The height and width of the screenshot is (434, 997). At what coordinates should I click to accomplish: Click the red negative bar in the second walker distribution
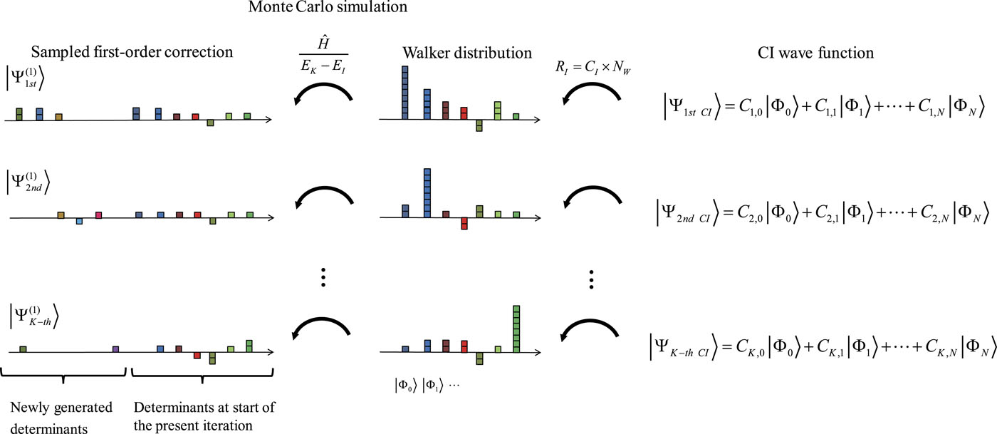click(x=464, y=223)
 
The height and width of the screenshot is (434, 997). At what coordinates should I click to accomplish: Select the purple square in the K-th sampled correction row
click(x=115, y=349)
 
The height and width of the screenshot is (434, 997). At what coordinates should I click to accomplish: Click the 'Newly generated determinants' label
click(x=61, y=415)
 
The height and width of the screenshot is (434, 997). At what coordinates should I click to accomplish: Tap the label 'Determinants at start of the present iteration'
click(x=204, y=415)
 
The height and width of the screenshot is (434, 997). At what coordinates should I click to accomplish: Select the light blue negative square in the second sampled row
click(x=79, y=221)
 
